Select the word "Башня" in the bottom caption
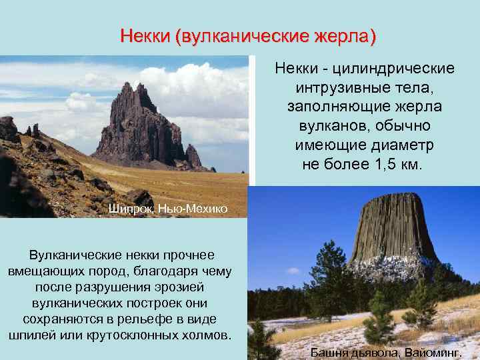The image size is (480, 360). [329, 352]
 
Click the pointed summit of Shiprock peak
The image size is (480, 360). [140, 85]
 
